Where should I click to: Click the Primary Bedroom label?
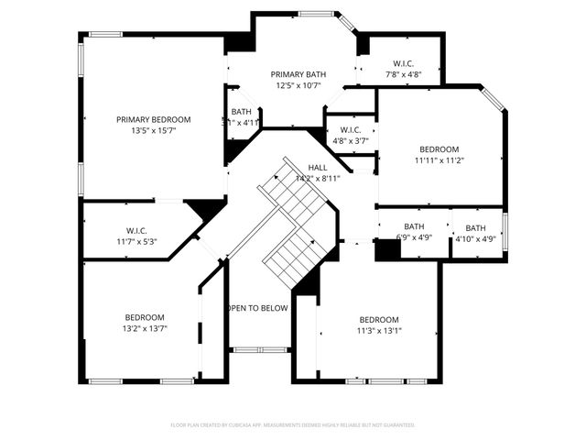(x=153, y=119)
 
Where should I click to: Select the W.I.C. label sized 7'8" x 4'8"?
(x=403, y=63)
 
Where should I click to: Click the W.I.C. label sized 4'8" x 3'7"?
(x=349, y=130)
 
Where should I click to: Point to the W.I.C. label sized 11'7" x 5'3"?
(x=136, y=230)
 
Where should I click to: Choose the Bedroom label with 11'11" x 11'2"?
(x=439, y=148)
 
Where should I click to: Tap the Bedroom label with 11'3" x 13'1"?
(x=378, y=320)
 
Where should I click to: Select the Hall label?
(x=318, y=168)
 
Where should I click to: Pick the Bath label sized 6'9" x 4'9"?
(x=414, y=227)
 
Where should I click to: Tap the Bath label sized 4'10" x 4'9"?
(x=475, y=228)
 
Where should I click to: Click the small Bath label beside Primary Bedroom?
(x=241, y=112)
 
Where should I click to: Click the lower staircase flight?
(x=291, y=256)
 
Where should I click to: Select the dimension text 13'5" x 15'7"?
(x=153, y=131)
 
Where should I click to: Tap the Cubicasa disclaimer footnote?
(x=293, y=425)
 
